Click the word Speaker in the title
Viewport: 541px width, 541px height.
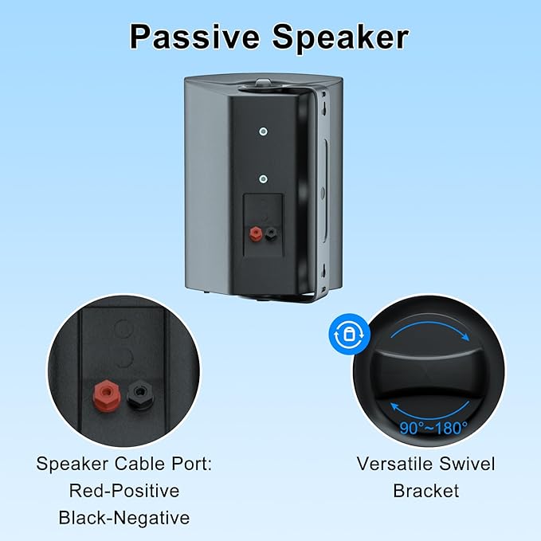343,37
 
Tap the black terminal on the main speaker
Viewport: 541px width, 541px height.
273,233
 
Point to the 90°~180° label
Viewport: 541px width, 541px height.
434,429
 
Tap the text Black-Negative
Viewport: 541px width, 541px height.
123,518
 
